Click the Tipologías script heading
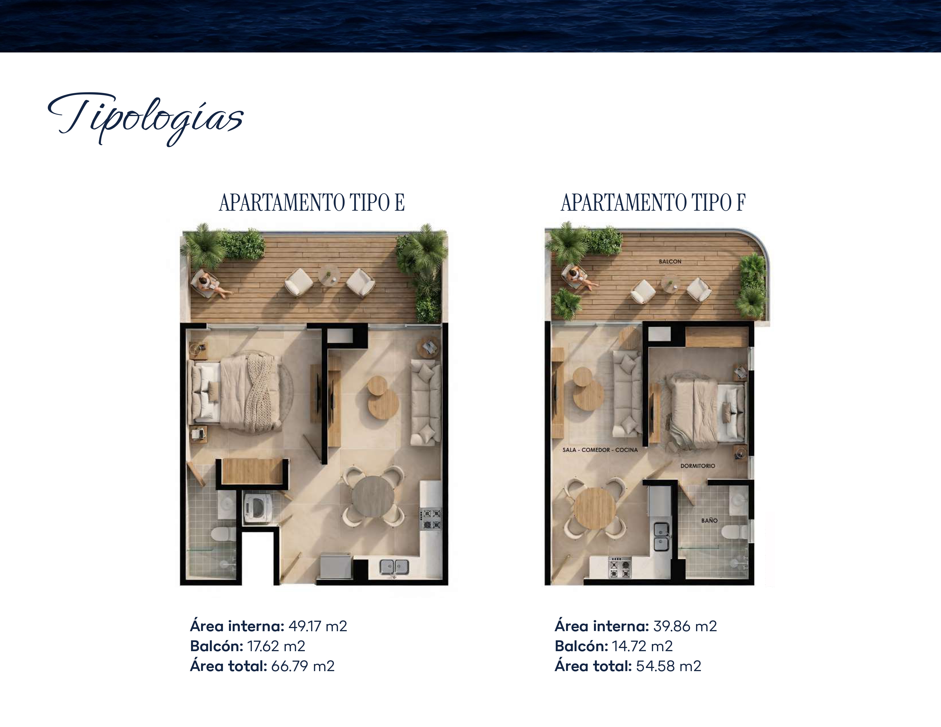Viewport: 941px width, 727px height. point(146,119)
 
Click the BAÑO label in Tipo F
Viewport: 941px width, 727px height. point(709,520)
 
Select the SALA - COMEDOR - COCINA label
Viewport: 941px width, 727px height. point(600,450)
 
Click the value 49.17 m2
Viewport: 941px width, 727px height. point(318,626)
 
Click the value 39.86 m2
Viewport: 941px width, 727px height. point(685,626)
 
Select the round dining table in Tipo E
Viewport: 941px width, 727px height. point(373,496)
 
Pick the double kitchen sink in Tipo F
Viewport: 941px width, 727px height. point(662,536)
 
